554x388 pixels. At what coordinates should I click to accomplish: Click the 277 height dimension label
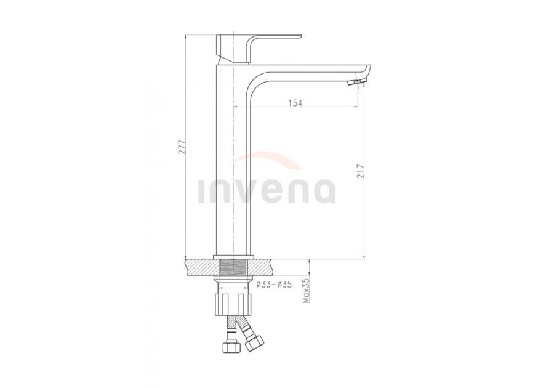coord(182,147)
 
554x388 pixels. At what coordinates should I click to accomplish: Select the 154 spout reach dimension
coord(295,103)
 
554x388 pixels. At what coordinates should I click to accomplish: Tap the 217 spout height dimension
coord(360,171)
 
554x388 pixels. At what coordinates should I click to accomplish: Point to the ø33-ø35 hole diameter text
coord(274,284)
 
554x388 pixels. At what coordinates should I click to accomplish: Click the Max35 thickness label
coord(306,291)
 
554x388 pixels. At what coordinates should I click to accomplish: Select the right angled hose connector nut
coord(255,343)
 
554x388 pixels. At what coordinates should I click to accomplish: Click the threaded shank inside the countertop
coord(234,267)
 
